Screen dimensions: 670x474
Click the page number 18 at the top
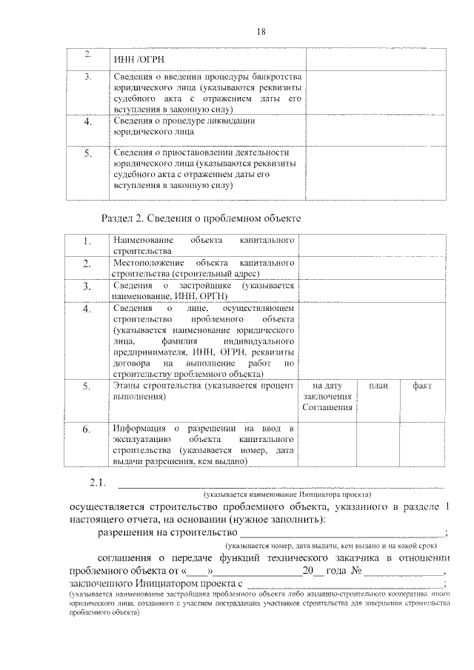261,31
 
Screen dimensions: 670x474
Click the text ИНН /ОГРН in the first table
138,59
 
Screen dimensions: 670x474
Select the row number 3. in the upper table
88,77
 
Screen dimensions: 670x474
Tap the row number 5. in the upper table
88,153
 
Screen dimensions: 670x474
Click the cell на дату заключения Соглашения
327,398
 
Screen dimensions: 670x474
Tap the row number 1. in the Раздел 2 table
87,241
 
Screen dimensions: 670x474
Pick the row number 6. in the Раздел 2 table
87,429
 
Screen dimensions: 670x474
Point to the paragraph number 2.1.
99,483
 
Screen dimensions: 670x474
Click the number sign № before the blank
355,570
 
